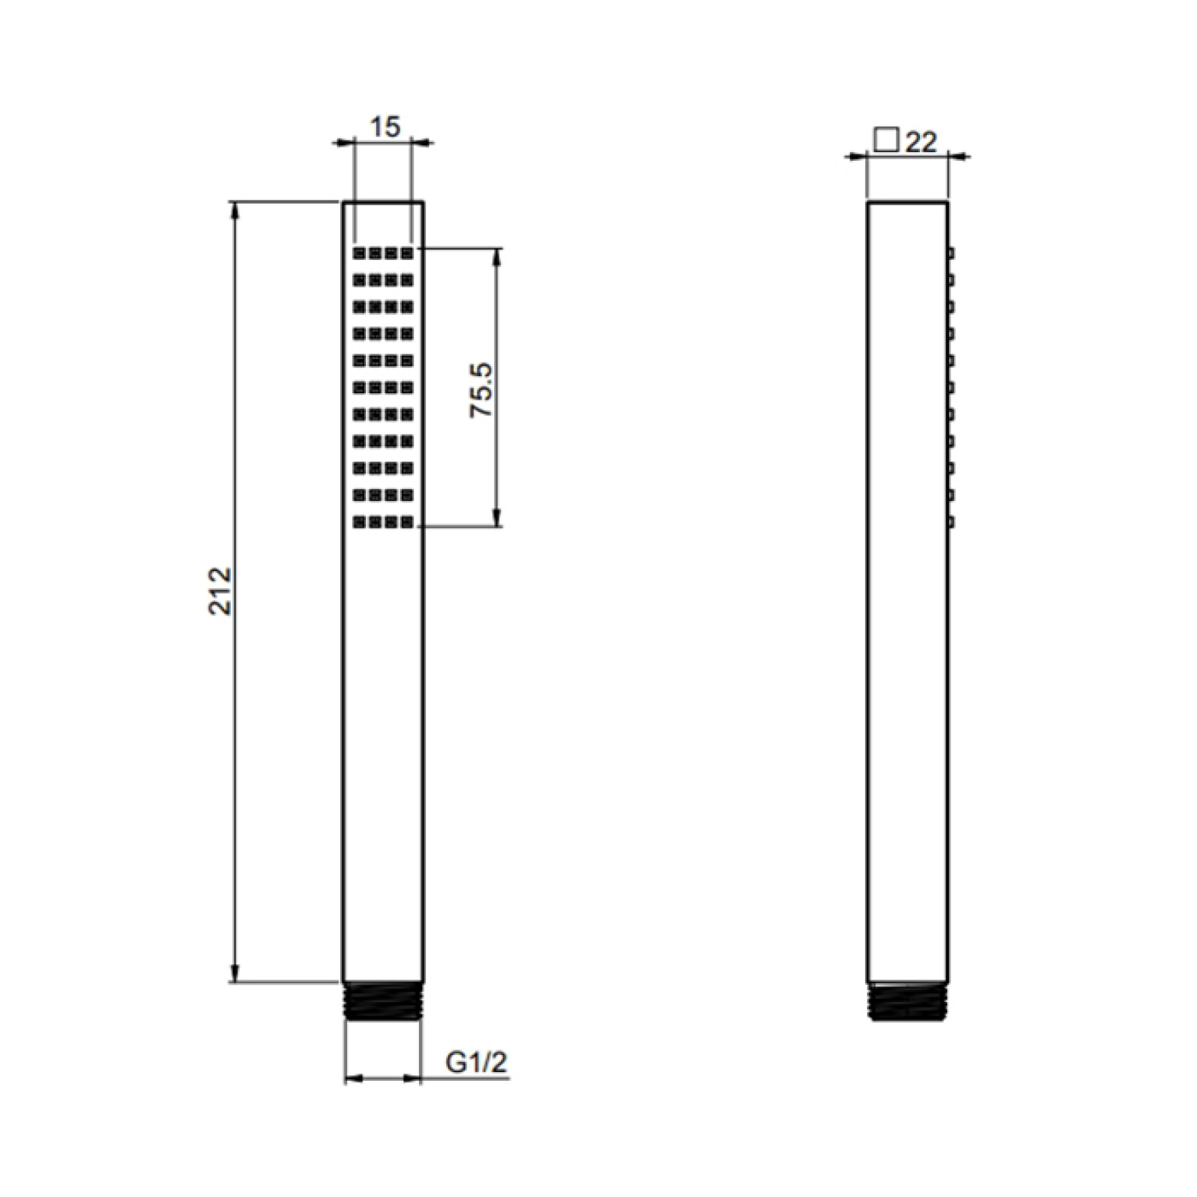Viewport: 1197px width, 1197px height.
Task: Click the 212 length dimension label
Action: (222, 591)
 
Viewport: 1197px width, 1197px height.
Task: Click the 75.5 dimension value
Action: (482, 389)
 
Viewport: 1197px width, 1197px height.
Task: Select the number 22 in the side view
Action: (922, 142)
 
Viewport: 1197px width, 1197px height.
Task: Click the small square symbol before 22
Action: (886, 141)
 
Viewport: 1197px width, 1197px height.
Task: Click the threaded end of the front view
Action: (384, 1000)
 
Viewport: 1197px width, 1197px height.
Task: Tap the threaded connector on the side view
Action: (908, 1000)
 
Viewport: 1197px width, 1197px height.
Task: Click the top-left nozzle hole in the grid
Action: (360, 253)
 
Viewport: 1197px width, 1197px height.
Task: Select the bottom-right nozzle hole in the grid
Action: (407, 521)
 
